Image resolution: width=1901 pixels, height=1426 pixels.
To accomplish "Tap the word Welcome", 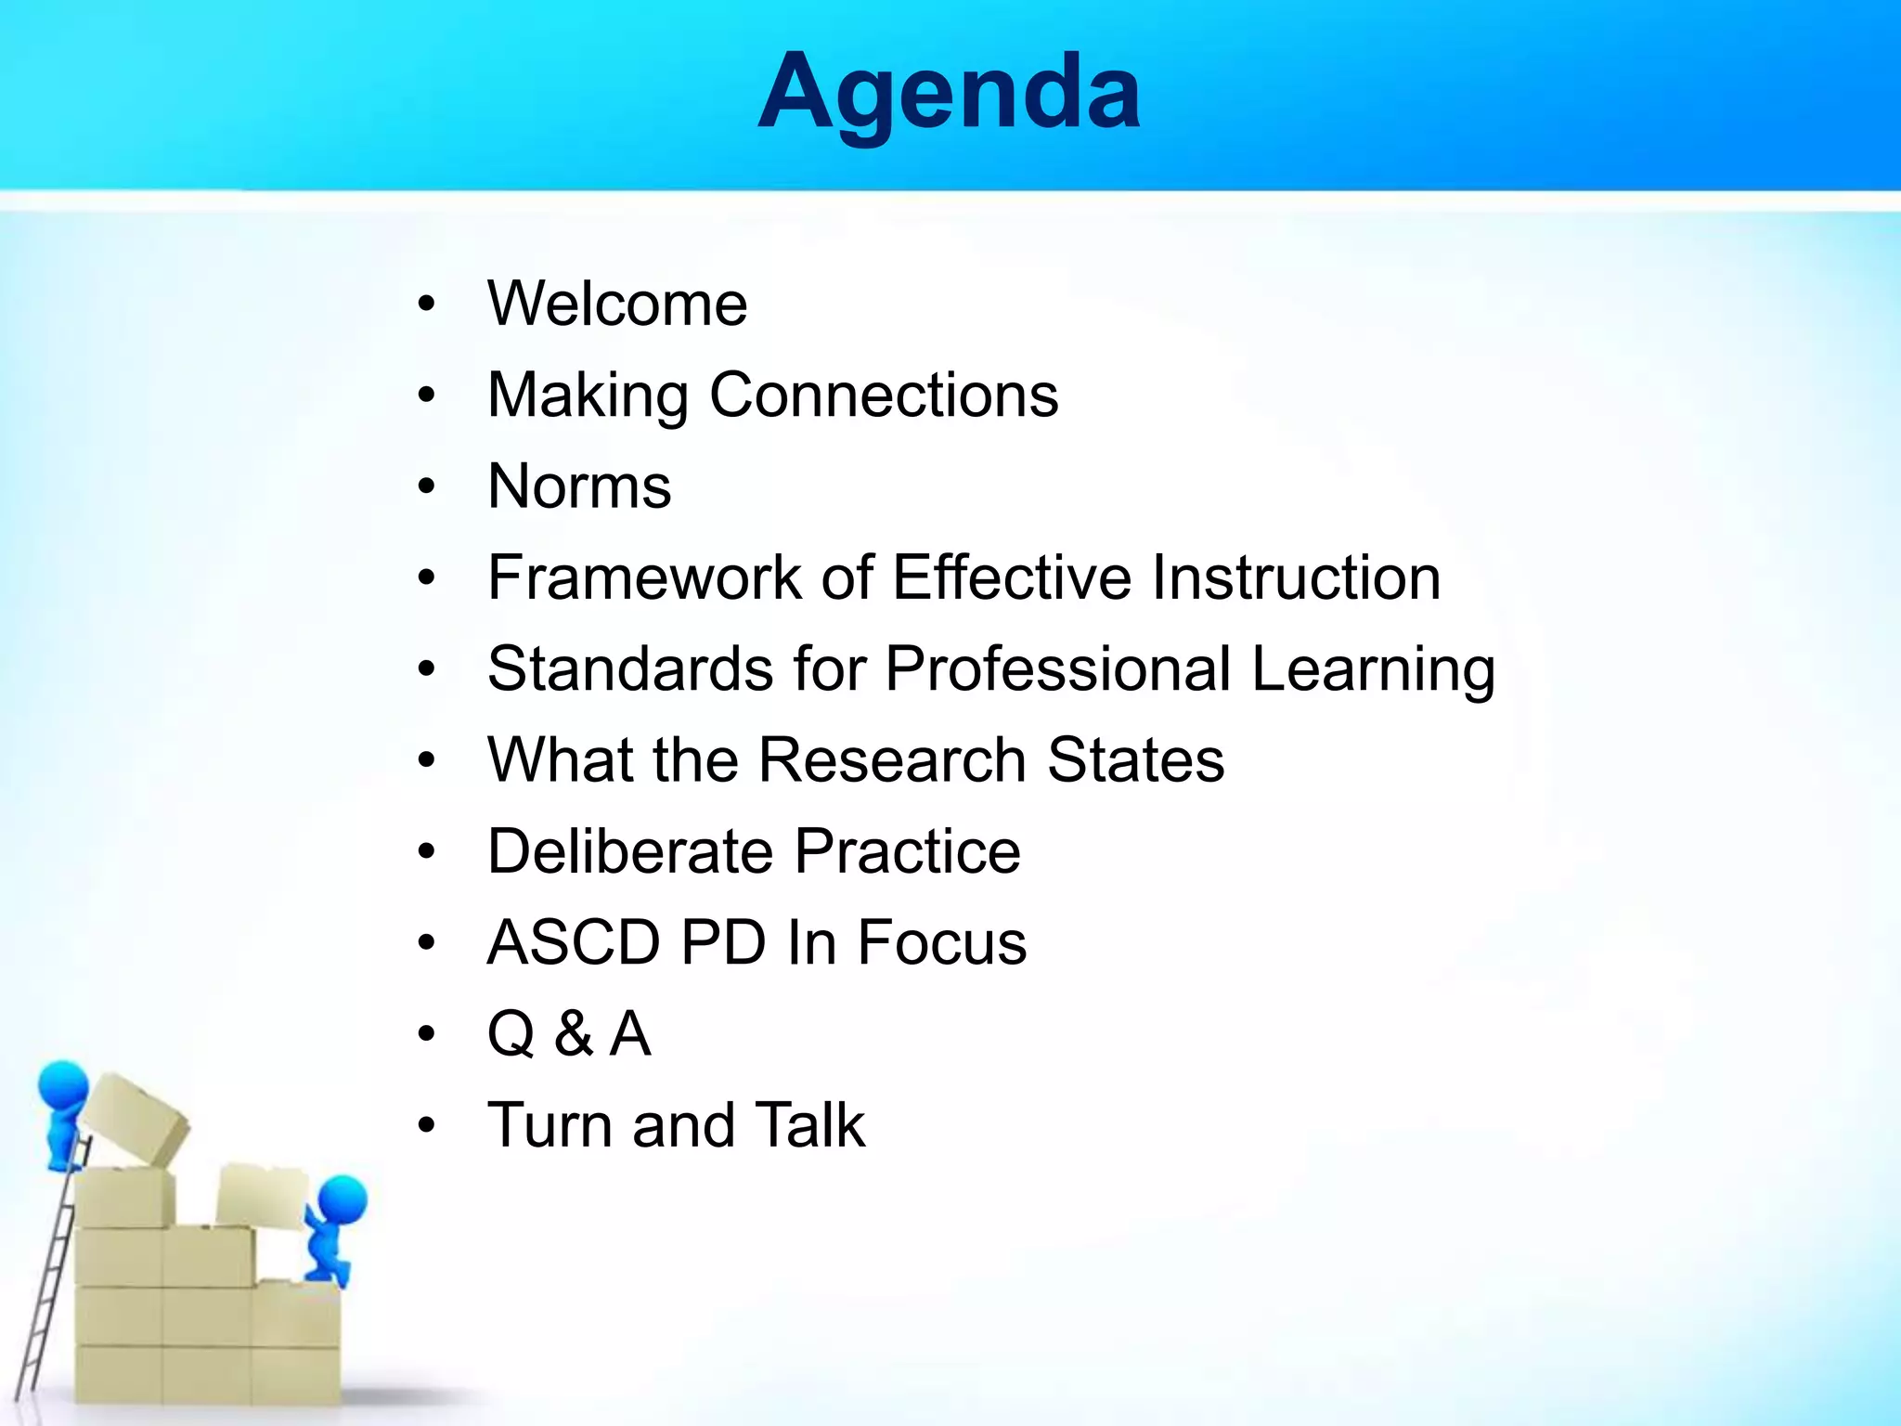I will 617,304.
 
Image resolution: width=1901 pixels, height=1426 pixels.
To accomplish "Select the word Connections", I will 884,395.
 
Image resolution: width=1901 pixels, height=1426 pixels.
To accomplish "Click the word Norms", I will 579,486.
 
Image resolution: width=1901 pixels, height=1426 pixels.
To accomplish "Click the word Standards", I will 630,668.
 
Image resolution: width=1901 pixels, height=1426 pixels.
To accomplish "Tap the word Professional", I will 1058,668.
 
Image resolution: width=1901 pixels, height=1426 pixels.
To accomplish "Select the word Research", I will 892,760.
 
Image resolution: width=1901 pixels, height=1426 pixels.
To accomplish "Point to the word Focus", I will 941,942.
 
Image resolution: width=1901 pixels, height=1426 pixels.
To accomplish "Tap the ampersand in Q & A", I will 574,1034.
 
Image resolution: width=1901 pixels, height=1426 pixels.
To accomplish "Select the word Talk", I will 809,1125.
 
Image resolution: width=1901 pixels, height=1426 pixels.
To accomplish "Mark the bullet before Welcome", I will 426,305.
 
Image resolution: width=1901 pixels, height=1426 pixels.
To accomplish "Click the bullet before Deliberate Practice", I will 426,852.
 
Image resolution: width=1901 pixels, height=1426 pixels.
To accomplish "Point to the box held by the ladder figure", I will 137,1118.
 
